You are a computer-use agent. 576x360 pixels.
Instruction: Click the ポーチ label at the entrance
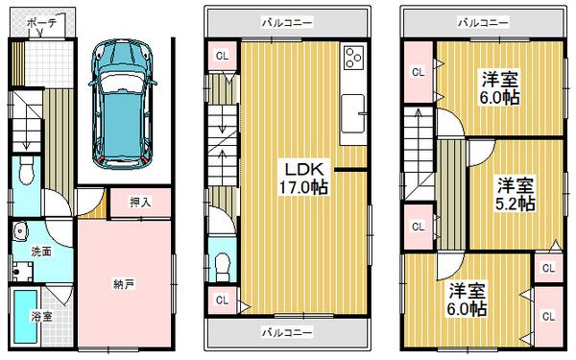40,20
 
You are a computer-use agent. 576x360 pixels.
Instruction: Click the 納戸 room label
122,283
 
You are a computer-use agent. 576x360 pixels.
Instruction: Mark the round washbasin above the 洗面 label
20,231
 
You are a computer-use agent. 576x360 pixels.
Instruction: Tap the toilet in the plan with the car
27,173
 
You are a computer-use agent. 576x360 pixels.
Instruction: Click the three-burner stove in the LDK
352,60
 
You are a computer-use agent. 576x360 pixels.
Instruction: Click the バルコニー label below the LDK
288,333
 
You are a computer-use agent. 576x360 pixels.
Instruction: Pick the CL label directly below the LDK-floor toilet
221,300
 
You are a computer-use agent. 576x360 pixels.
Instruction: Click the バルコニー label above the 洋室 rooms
483,21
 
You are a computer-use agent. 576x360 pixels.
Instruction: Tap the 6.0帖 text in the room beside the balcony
500,97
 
